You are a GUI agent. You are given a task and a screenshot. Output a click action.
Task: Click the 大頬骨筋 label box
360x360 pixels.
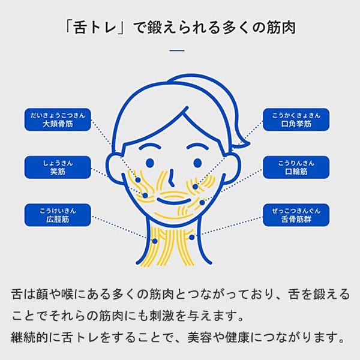(x=58, y=120)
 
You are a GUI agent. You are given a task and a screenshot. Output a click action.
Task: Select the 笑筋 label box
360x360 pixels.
(x=58, y=167)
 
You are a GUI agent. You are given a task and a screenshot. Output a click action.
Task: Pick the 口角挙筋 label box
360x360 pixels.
(x=296, y=120)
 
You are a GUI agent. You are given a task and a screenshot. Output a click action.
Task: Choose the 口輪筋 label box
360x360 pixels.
(x=296, y=167)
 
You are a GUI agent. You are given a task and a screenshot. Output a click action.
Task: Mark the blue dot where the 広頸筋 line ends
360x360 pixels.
(x=155, y=241)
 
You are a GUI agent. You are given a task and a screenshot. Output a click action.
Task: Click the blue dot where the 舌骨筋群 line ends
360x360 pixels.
(x=192, y=237)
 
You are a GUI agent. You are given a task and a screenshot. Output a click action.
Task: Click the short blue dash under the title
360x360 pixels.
(x=178, y=51)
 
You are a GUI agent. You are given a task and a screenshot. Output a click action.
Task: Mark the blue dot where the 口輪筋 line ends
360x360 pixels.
(x=202, y=203)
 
